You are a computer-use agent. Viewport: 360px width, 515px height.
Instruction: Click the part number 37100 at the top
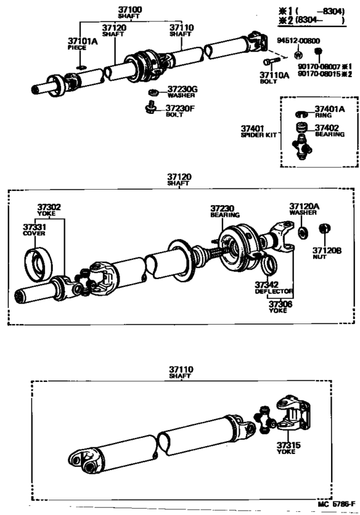pos(130,10)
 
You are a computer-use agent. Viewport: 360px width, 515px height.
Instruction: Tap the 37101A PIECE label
pos(82,44)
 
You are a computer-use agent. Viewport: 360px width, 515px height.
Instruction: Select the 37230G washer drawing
pos(153,93)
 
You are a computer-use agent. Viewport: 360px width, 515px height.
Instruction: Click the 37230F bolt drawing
pos(151,108)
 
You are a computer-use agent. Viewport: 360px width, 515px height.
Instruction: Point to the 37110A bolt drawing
pos(271,62)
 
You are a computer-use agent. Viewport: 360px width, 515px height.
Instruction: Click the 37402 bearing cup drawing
pos(302,128)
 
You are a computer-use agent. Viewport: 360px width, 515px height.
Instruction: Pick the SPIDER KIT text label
pos(259,135)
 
